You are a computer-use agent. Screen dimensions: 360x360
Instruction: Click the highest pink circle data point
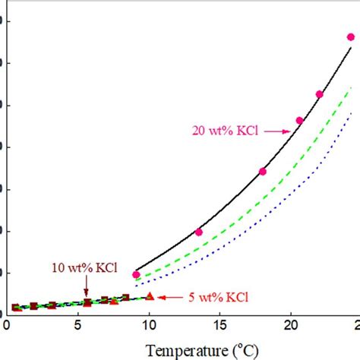pyautogui.click(x=351, y=36)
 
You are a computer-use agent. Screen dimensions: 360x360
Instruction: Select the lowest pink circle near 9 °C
pyautogui.click(x=136, y=274)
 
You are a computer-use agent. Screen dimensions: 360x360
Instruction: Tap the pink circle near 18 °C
pyautogui.click(x=263, y=172)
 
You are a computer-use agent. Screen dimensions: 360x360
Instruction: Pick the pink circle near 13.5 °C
pyautogui.click(x=199, y=232)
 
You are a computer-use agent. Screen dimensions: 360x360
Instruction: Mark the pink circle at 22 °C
pyautogui.click(x=319, y=94)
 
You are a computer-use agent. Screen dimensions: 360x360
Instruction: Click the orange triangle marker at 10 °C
pyautogui.click(x=150, y=296)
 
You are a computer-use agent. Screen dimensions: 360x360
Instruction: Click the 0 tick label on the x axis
pyautogui.click(x=7, y=325)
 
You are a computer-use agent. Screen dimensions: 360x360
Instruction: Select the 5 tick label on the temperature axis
pyautogui.click(x=77, y=325)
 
